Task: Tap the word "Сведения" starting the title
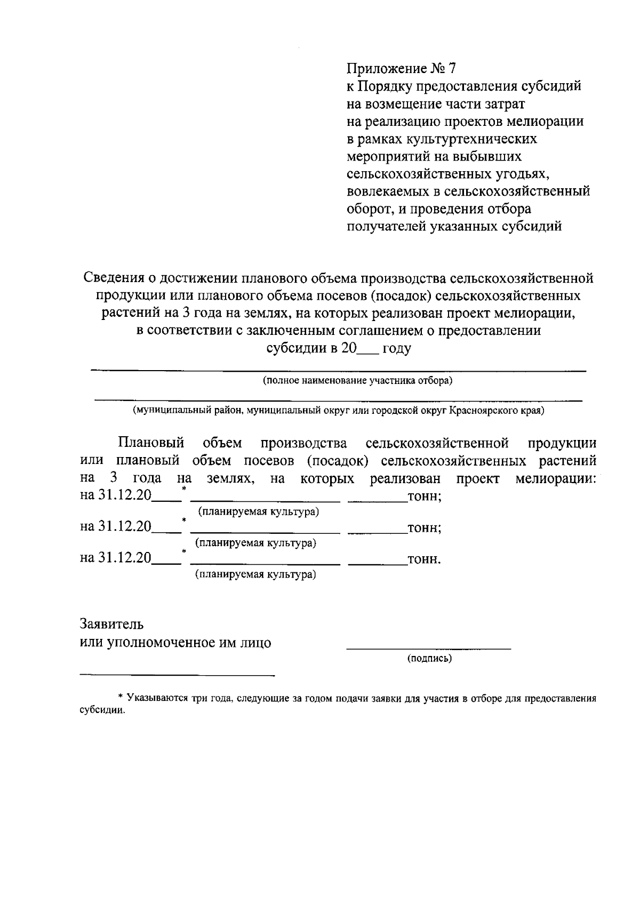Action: coord(114,278)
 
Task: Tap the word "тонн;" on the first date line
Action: coord(423,497)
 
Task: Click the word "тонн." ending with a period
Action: coord(423,560)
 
